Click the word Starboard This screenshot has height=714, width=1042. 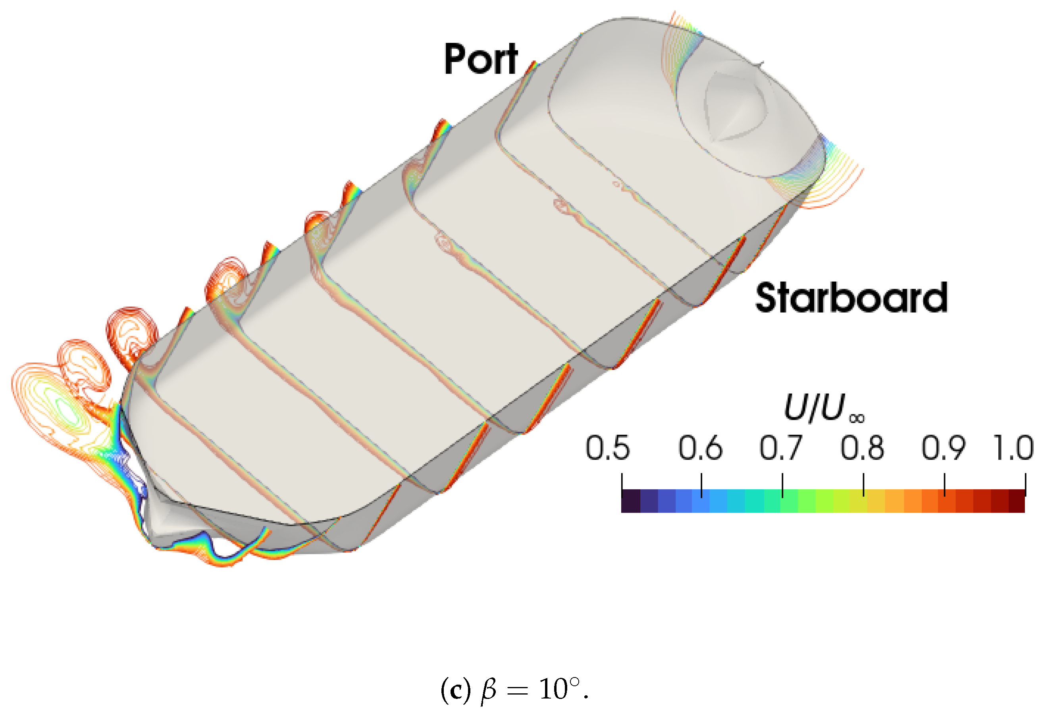pyautogui.click(x=851, y=297)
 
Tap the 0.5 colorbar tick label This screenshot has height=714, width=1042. pyautogui.click(x=607, y=448)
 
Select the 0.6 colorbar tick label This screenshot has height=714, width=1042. pyautogui.click(x=700, y=448)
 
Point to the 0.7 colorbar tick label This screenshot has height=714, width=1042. pyautogui.click(x=780, y=448)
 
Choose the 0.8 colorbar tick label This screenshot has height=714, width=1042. pyautogui.click(x=862, y=448)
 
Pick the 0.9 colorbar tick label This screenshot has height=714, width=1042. pyautogui.click(x=944, y=448)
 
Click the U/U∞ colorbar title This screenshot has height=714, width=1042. pyautogui.click(x=824, y=408)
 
